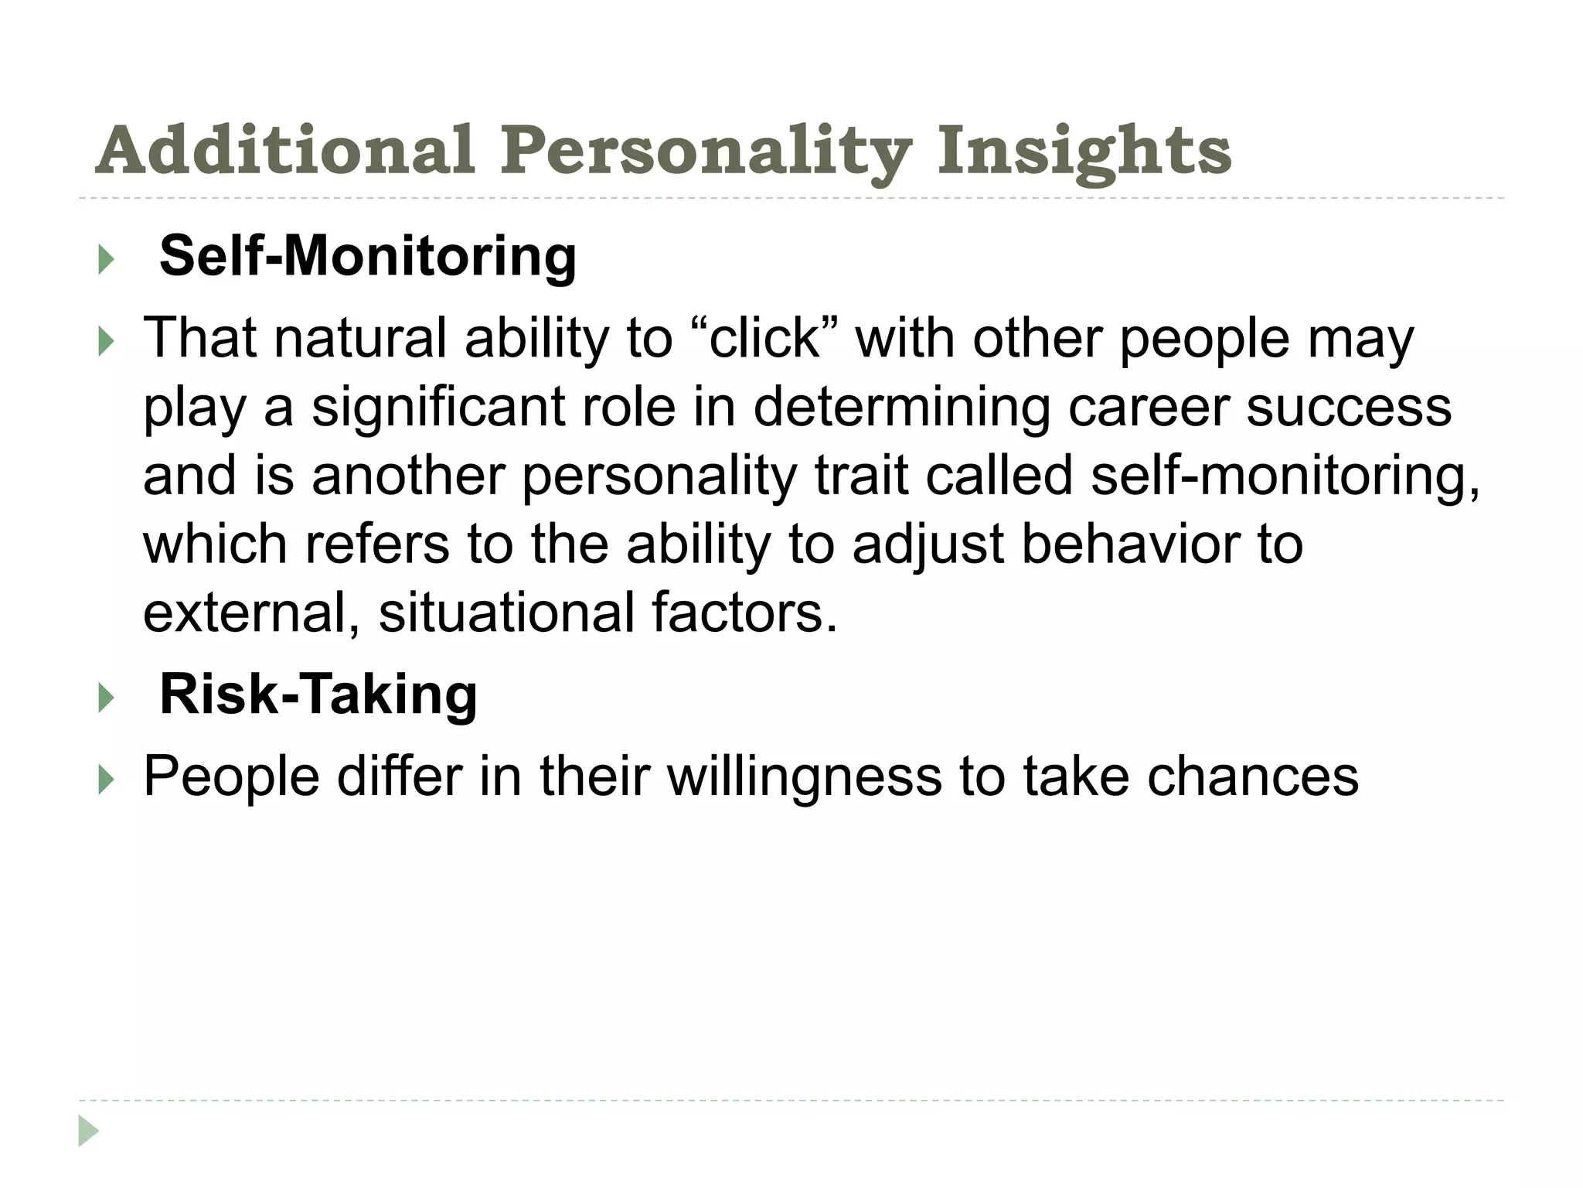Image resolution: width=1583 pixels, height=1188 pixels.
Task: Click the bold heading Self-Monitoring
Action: pos(368,256)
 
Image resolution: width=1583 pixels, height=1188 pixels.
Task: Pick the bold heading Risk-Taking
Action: pos(318,695)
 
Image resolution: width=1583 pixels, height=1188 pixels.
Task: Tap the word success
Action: pos(1349,408)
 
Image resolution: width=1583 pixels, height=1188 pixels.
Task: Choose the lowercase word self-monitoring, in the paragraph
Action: pos(1285,476)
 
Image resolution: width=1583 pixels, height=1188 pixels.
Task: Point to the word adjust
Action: pos(928,544)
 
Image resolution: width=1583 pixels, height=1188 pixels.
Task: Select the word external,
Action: pos(252,613)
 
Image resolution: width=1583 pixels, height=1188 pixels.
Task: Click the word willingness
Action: pos(805,777)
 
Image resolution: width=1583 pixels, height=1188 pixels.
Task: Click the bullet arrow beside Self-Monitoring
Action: pos(106,260)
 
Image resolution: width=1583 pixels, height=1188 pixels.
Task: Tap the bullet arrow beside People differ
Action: pos(106,780)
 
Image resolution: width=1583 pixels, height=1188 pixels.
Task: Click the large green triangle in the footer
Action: pos(88,1131)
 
